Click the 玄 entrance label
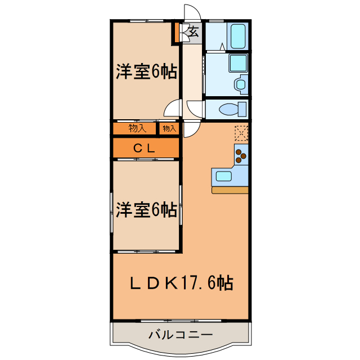pos(192,32)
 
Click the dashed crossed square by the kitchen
pos(241,133)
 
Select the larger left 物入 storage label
pos(137,128)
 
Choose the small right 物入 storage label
pos(169,129)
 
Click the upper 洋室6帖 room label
pos(146,71)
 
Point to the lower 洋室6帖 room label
pos(146,210)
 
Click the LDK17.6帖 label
pos(182,283)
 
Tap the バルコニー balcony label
pos(181,335)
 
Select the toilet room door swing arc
pos(195,108)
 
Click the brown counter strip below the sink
pos(229,190)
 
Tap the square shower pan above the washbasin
pos(237,63)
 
